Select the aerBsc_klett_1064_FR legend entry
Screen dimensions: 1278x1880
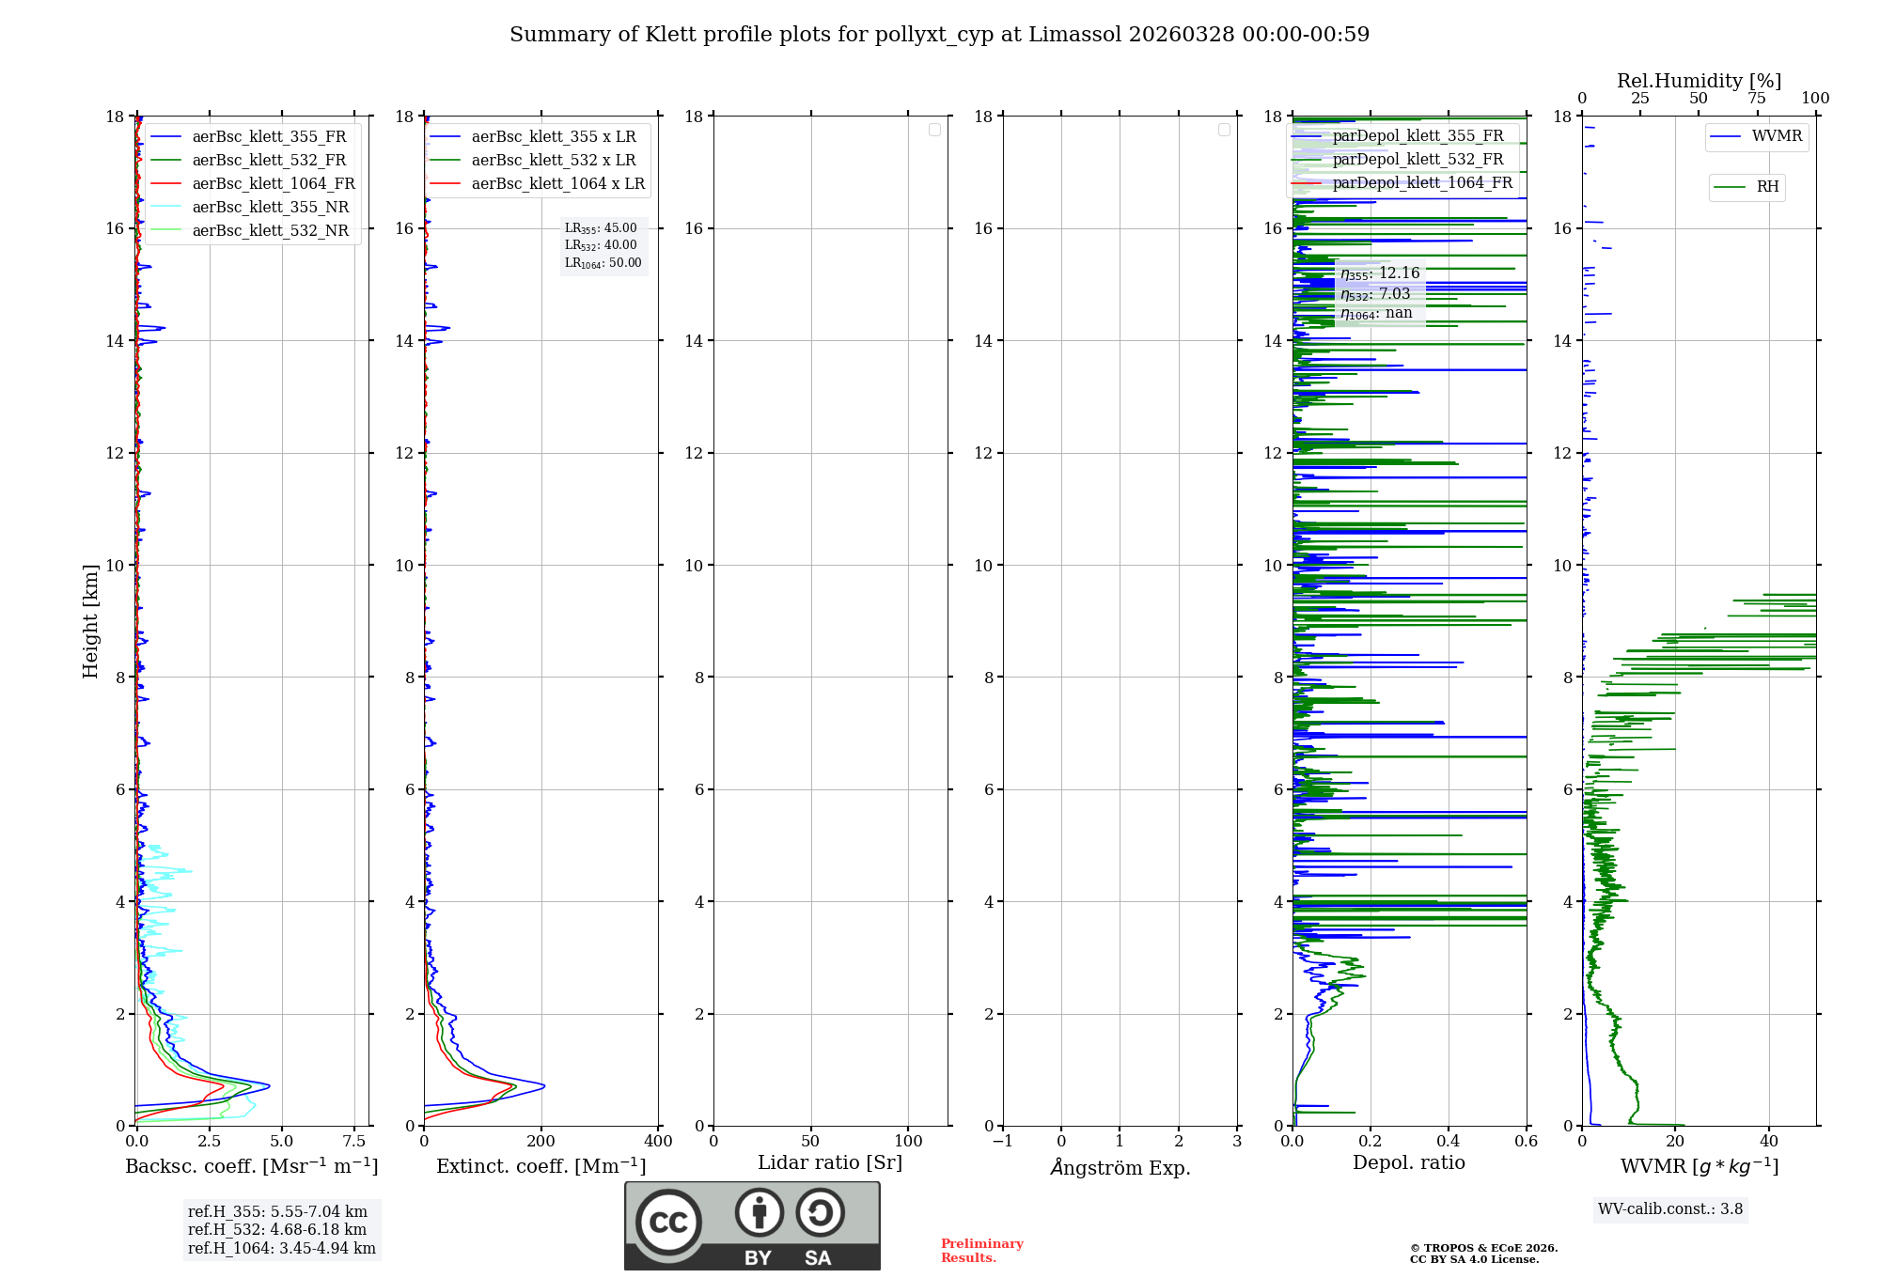[273, 184]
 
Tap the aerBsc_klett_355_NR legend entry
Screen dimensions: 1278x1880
[270, 208]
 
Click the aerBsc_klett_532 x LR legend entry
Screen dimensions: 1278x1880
[553, 161]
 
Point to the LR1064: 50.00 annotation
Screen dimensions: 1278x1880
[603, 263]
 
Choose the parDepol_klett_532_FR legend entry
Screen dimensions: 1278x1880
[1418, 160]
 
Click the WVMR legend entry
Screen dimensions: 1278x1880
[1777, 136]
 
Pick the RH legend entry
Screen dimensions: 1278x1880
[1767, 187]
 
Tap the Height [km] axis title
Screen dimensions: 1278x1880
[90, 620]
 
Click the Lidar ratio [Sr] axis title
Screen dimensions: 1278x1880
[830, 1163]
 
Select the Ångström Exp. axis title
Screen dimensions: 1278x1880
[1120, 1168]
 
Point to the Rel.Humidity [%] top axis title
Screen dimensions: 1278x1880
[1699, 81]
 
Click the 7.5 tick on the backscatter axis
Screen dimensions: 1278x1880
[354, 1142]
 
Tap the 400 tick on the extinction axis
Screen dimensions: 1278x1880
[658, 1142]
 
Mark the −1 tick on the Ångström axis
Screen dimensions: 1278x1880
[1003, 1142]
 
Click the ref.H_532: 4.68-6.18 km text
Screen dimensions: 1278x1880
[277, 1230]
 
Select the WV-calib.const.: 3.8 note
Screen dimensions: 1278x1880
[1670, 1209]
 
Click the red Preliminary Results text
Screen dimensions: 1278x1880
[981, 1251]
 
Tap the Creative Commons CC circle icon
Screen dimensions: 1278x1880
[668, 1223]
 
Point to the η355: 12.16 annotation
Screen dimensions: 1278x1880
[1380, 273]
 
